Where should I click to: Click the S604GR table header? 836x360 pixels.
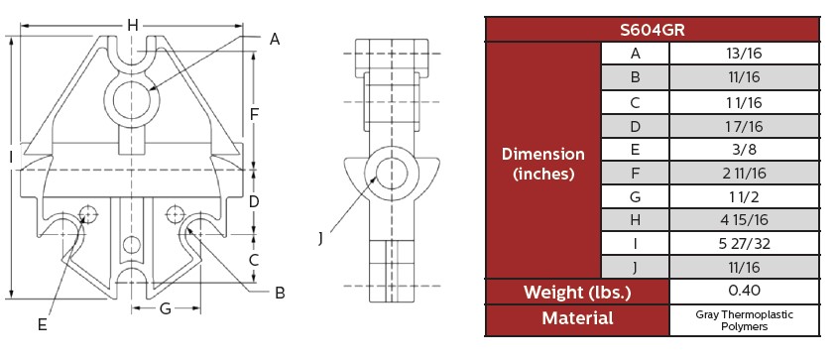[x=653, y=30]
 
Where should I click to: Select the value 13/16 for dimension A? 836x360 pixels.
[x=744, y=54]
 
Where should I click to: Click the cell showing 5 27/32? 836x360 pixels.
[x=744, y=244]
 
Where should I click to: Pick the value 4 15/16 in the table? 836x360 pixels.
[x=744, y=220]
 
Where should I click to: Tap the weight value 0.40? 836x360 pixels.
[x=744, y=291]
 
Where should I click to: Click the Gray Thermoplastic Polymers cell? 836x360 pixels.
[x=744, y=320]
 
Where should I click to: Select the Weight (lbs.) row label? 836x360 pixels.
[x=577, y=293]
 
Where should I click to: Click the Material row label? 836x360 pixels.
[x=577, y=318]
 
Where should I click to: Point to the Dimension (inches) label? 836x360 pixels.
[x=543, y=164]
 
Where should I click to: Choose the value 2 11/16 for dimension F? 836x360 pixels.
[x=744, y=173]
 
